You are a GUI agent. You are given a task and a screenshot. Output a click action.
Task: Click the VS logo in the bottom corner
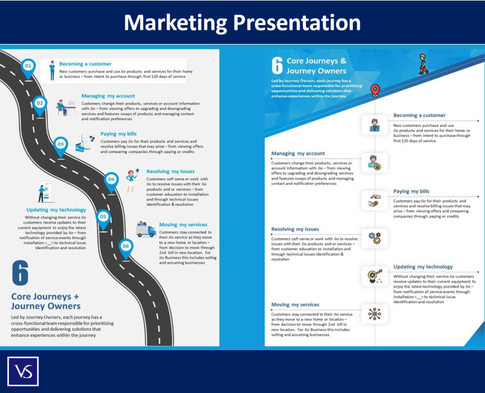23,371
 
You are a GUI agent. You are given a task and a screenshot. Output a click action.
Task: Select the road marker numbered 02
39,103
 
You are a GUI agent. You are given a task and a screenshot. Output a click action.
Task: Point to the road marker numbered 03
60,145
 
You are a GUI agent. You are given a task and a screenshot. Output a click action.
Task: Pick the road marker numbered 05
103,217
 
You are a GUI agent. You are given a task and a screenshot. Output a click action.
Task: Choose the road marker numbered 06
126,246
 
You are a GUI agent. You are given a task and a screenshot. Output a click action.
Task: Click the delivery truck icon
145,230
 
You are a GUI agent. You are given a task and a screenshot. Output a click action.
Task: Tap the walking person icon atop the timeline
422,63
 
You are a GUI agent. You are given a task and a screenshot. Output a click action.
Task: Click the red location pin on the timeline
375,90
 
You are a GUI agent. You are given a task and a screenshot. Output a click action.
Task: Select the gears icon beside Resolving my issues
374,238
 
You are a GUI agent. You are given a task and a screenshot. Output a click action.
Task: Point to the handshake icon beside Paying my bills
374,200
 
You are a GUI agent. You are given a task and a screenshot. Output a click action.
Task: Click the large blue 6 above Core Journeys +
20,274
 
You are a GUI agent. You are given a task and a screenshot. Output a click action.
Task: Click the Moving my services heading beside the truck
184,224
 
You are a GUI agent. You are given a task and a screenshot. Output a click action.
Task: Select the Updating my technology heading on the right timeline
423,267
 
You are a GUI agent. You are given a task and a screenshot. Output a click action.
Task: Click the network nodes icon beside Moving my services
374,314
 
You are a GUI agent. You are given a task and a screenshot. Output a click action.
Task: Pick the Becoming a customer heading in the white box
85,64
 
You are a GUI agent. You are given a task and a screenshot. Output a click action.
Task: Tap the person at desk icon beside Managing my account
66,107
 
